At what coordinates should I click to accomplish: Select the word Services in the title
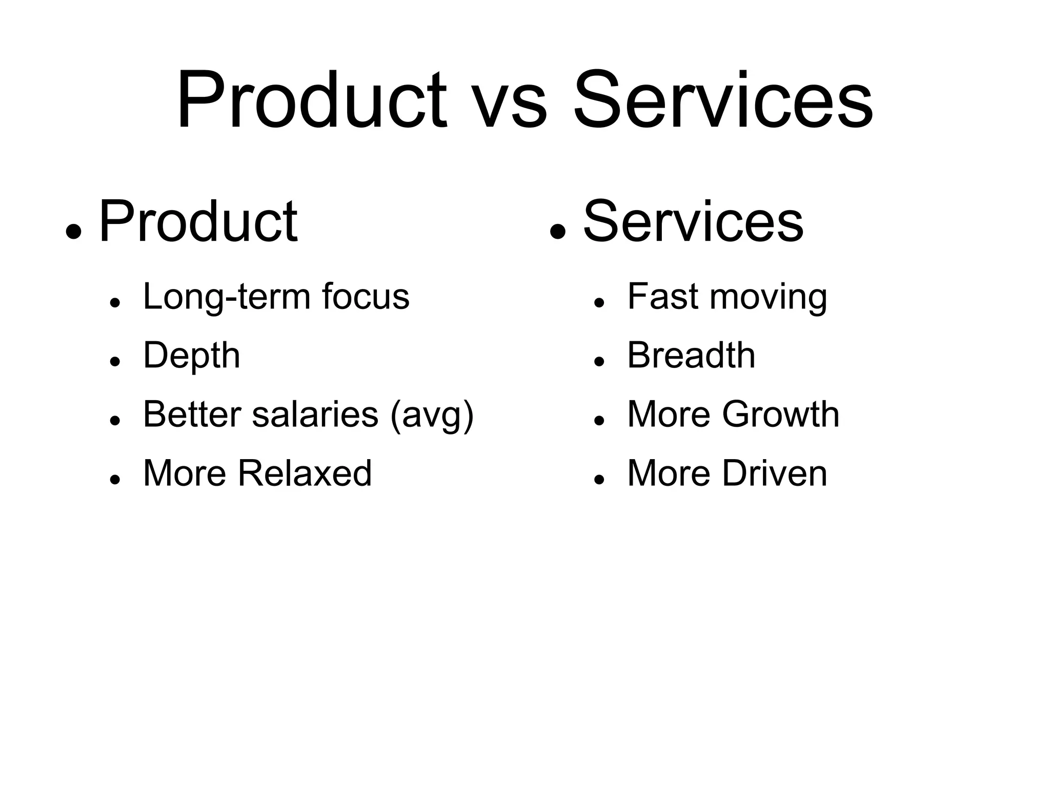point(723,101)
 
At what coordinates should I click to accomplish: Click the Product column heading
point(198,222)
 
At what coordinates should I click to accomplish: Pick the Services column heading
point(693,222)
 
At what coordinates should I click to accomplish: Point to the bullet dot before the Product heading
point(74,231)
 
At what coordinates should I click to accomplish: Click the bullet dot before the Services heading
point(557,231)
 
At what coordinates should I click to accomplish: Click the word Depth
point(191,356)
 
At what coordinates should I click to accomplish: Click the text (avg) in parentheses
point(432,415)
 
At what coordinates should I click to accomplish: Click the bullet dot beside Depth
point(115,362)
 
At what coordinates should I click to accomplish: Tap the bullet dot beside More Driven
point(598,479)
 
